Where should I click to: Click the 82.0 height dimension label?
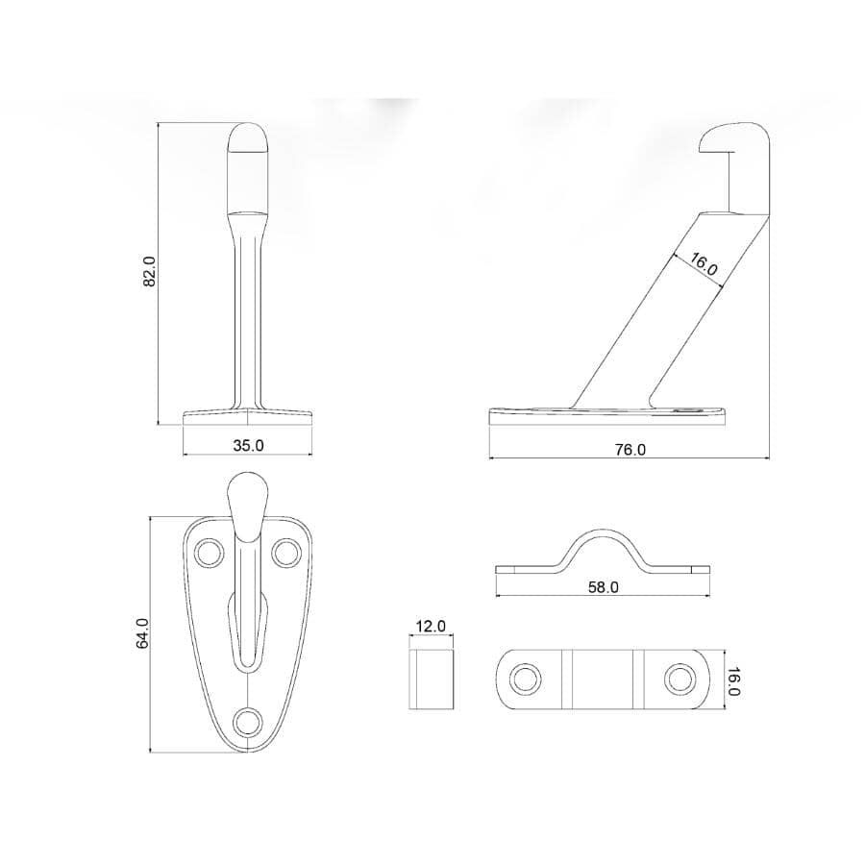tap(151, 271)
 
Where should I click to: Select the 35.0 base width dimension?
tap(248, 445)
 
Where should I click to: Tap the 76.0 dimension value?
tap(630, 450)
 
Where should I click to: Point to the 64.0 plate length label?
tap(142, 632)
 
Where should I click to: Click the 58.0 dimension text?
tap(603, 587)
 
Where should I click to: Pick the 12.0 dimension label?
tap(431, 626)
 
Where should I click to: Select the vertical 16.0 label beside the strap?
tap(733, 681)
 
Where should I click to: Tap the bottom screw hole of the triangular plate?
tap(248, 722)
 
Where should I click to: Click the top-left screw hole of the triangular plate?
tap(210, 553)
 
